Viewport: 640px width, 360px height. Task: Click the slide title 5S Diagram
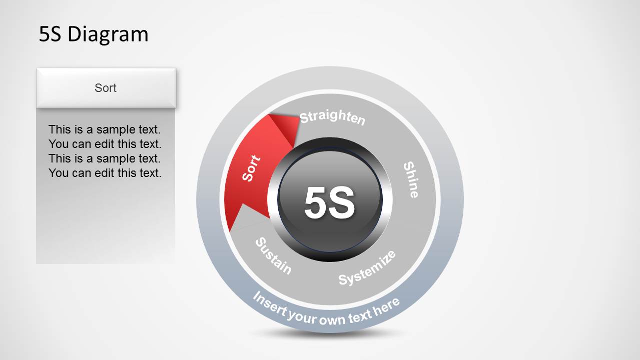click(94, 34)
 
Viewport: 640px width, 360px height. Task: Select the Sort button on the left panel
click(106, 88)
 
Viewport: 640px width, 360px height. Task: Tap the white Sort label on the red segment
click(251, 168)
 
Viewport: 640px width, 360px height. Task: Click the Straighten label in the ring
click(332, 117)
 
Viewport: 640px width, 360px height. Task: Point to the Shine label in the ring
click(411, 179)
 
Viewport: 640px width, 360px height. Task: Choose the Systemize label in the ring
click(367, 268)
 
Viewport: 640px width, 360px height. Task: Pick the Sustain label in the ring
click(273, 255)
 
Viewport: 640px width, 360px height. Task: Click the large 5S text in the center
click(330, 202)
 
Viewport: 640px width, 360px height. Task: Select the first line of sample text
click(105, 129)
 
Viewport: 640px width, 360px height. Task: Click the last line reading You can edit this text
click(105, 173)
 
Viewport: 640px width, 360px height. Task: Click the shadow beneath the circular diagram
click(329, 333)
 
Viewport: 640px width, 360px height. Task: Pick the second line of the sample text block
click(105, 144)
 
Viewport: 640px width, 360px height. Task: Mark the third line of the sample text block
click(105, 158)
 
